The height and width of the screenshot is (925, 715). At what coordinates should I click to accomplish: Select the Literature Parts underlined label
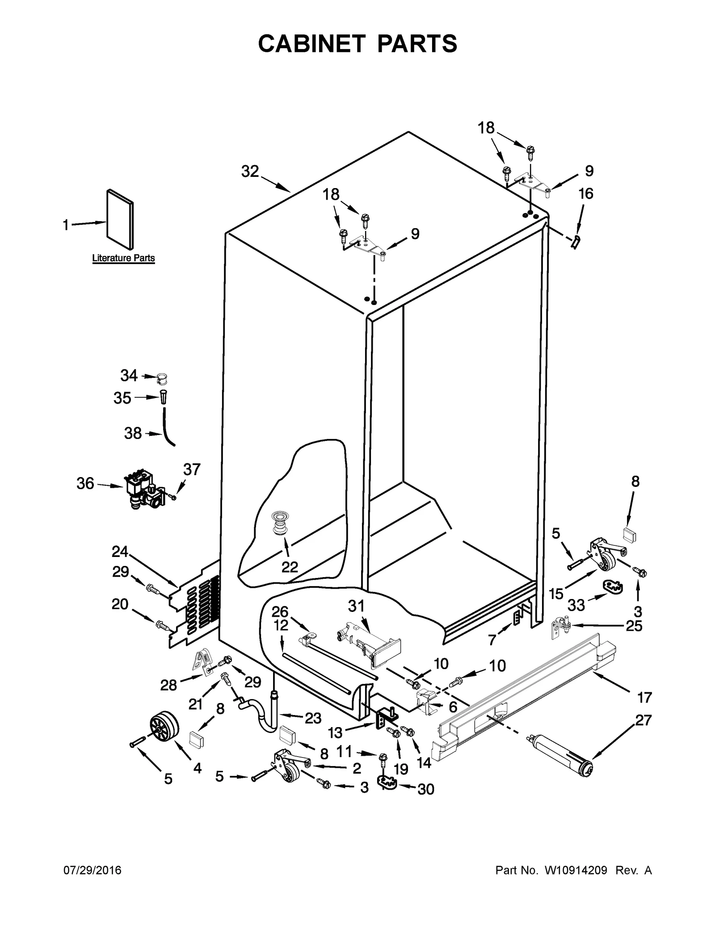point(123,258)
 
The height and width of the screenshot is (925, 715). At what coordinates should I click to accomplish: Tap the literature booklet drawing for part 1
point(120,219)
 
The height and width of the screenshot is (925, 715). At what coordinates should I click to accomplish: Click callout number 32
point(250,171)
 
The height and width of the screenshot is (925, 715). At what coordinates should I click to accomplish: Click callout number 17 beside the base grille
point(644,697)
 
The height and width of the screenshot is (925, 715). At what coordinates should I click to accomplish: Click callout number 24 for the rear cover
point(120,552)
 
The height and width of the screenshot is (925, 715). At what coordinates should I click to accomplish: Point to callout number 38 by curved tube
point(133,433)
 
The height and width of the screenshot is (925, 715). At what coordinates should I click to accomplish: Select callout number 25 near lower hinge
point(634,626)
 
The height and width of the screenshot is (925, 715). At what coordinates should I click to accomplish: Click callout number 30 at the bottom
point(425,789)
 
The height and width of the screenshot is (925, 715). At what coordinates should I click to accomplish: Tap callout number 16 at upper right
point(586,193)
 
